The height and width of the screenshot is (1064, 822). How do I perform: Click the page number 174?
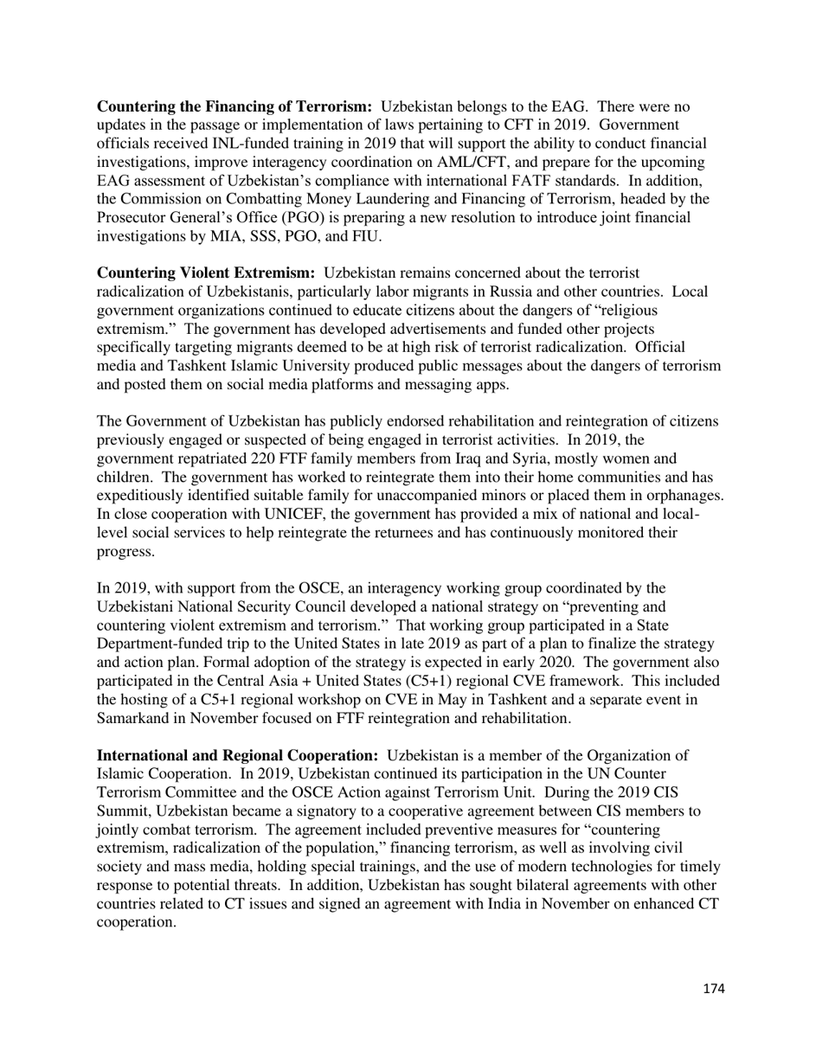pos(713,989)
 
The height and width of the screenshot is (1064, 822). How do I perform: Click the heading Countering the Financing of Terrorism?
pos(234,107)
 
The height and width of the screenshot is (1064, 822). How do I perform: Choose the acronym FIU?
pos(365,236)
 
